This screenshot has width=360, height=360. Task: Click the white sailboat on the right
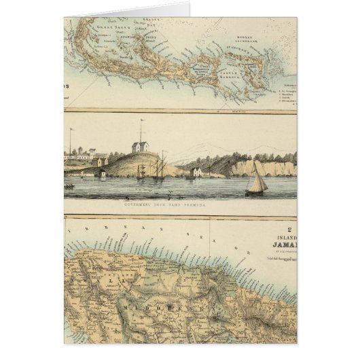point(256,182)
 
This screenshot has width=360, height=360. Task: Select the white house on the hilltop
point(142,147)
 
